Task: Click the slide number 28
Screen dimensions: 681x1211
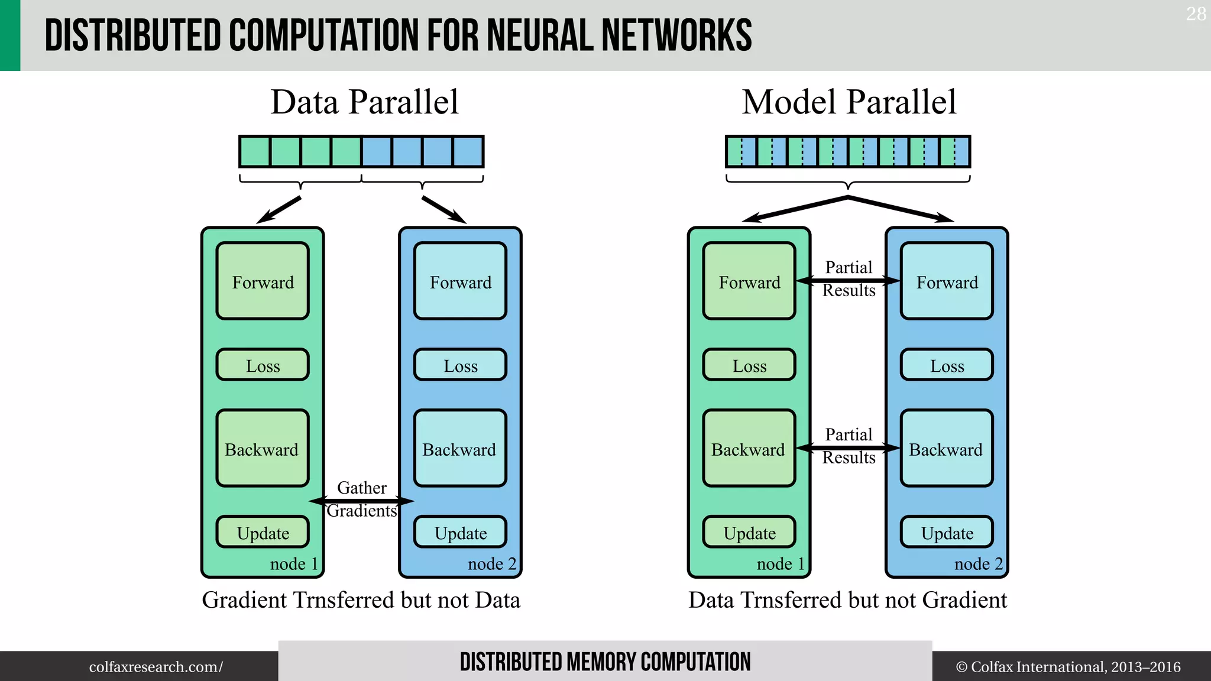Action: click(x=1196, y=14)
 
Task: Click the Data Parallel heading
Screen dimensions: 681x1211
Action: click(x=364, y=102)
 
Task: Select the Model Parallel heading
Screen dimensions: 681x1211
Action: click(x=849, y=102)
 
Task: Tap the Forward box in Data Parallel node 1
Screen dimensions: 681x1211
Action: click(x=263, y=281)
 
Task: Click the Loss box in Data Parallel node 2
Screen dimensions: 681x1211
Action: click(x=460, y=365)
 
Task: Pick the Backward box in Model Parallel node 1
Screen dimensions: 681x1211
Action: click(x=749, y=449)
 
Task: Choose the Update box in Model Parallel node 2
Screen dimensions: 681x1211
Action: click(x=947, y=533)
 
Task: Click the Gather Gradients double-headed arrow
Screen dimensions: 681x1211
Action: click(x=361, y=501)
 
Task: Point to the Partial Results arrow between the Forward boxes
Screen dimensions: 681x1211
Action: click(x=848, y=281)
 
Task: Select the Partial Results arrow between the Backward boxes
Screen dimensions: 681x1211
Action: click(x=848, y=448)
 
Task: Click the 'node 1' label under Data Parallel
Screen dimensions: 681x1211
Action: click(x=294, y=564)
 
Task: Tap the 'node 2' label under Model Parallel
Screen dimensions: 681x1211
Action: click(x=979, y=564)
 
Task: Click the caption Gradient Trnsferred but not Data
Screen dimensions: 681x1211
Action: click(x=361, y=600)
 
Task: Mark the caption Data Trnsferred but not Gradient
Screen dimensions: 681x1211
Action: click(x=847, y=600)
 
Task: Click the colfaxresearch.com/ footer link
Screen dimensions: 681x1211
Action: click(x=156, y=667)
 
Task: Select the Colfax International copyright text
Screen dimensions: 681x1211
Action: click(x=1068, y=667)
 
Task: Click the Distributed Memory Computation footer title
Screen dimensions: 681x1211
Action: click(x=605, y=662)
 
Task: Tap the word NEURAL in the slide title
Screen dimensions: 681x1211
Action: click(x=542, y=35)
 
